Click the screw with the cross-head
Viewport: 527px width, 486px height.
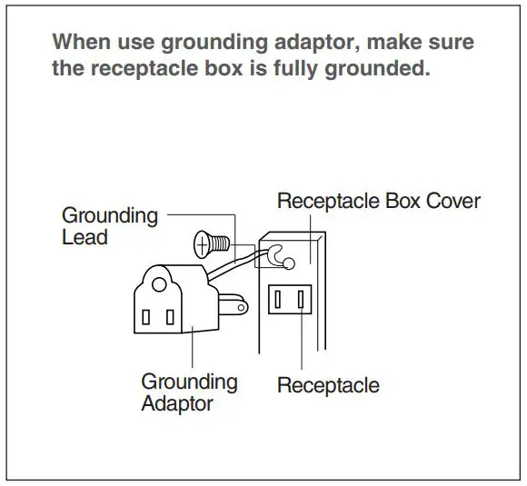(x=212, y=244)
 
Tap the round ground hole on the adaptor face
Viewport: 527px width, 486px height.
(x=159, y=284)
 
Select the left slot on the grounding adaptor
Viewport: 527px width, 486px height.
(x=145, y=317)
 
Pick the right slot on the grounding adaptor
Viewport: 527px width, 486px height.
(x=170, y=317)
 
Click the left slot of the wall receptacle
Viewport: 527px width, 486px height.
(x=277, y=300)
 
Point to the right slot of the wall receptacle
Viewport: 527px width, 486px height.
(x=301, y=300)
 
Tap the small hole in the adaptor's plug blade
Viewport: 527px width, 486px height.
(x=241, y=308)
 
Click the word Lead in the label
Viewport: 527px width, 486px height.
(x=85, y=237)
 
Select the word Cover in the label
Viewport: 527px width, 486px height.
(x=453, y=201)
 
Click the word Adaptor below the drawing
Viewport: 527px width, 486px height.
(x=177, y=403)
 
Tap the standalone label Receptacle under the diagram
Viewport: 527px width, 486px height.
(x=328, y=385)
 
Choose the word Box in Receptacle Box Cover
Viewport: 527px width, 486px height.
(x=403, y=201)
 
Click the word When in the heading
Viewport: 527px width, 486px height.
(x=82, y=42)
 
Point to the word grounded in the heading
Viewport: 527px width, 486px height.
(x=377, y=68)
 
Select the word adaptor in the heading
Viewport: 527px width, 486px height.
(x=317, y=43)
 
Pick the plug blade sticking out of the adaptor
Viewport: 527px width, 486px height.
(x=234, y=305)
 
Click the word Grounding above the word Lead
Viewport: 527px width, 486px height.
(x=110, y=216)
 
